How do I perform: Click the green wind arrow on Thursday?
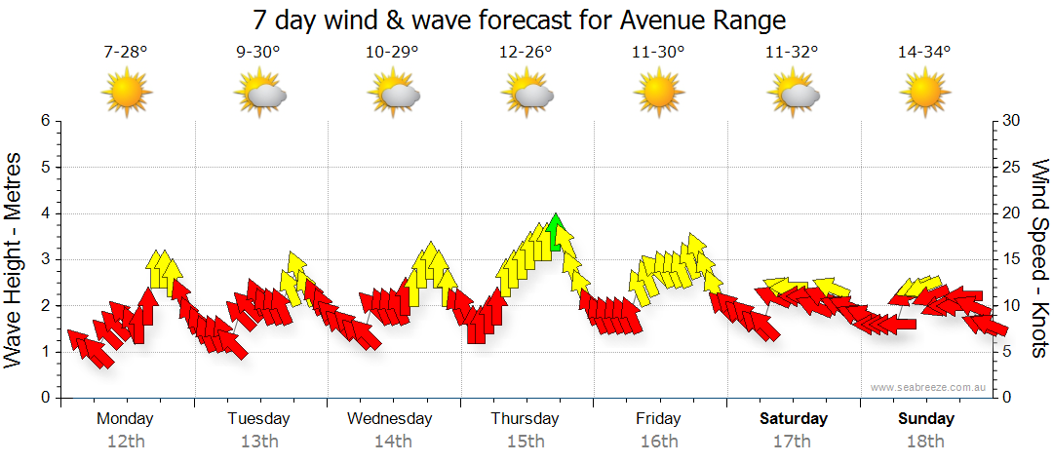click(x=556, y=233)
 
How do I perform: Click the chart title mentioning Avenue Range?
click(x=519, y=19)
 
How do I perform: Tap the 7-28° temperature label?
click(x=126, y=53)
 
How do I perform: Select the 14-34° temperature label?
click(x=923, y=53)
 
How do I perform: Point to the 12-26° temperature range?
click(x=526, y=53)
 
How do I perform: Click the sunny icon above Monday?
click(x=127, y=93)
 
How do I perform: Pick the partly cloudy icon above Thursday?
click(x=527, y=93)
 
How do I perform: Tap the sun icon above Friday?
click(x=658, y=93)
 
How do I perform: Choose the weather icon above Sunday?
click(x=923, y=93)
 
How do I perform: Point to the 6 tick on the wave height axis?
click(x=44, y=121)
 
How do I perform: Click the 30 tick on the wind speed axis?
click(x=1011, y=121)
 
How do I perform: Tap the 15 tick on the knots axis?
click(x=1011, y=259)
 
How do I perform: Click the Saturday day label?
click(x=794, y=419)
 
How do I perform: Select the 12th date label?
click(x=126, y=442)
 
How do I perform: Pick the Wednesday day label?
click(x=390, y=419)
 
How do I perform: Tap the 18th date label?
click(x=926, y=442)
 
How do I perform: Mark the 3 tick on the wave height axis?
click(x=44, y=259)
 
